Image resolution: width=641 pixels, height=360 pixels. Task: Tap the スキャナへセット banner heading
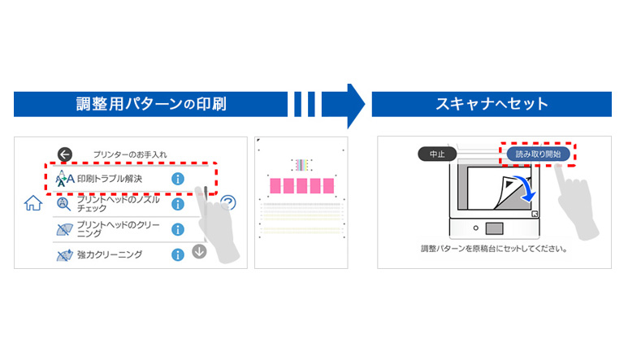[492, 104]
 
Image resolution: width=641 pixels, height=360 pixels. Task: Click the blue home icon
[33, 203]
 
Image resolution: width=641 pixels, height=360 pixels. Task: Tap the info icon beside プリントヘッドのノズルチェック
[178, 204]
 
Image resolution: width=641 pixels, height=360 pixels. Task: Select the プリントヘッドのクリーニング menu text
[119, 229]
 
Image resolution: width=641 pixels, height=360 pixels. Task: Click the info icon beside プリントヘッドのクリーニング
[178, 229]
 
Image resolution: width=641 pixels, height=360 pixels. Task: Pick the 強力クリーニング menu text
[110, 254]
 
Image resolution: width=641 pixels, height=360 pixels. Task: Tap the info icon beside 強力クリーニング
[178, 254]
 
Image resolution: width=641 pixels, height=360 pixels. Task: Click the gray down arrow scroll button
[199, 251]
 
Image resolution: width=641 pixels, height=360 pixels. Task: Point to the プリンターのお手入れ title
[130, 154]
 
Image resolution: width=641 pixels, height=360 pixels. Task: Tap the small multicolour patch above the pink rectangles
[301, 165]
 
